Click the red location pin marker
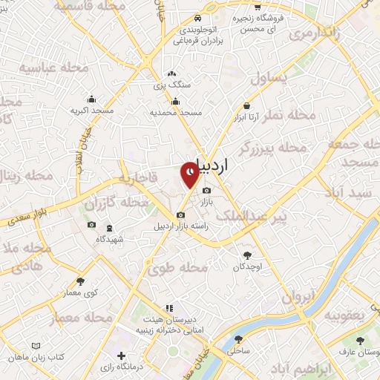pyautogui.click(x=191, y=174)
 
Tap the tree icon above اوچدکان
pyautogui.click(x=246, y=254)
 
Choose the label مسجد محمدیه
pyautogui.click(x=177, y=112)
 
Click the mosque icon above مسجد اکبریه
pyautogui.click(x=91, y=99)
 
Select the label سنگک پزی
pyautogui.click(x=172, y=85)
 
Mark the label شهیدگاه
pyautogui.click(x=110, y=239)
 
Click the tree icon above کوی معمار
pyautogui.click(x=81, y=281)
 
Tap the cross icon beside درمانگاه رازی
pyautogui.click(x=122, y=356)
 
